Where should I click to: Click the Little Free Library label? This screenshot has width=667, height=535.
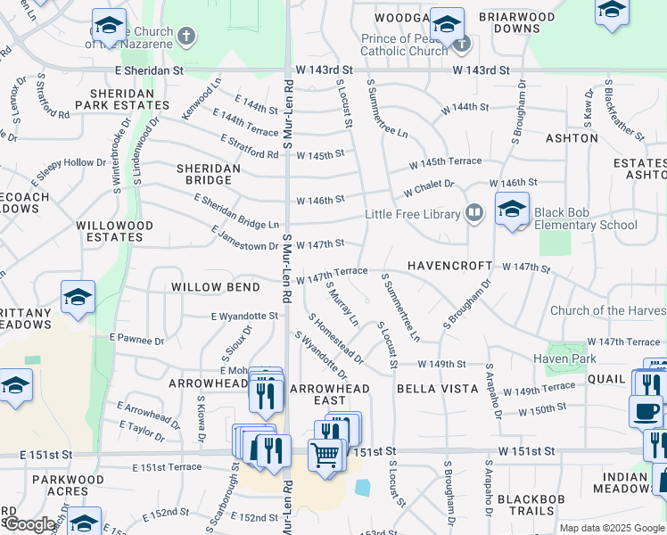click(x=412, y=214)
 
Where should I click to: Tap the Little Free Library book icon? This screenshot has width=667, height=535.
click(x=474, y=213)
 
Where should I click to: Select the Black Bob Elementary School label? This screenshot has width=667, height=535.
click(x=586, y=218)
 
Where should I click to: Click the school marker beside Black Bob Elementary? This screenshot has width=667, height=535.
click(x=513, y=210)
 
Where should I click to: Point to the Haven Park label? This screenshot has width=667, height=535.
click(x=564, y=358)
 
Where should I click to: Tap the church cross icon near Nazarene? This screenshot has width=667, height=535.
click(x=185, y=37)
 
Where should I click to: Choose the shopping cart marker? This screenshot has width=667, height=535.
click(x=327, y=456)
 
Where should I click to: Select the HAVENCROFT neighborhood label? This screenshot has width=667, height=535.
click(x=450, y=266)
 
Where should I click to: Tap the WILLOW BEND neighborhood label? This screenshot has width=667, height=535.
click(x=216, y=287)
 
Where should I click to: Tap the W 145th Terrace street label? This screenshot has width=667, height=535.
click(x=446, y=162)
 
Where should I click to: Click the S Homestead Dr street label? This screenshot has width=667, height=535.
click(x=335, y=339)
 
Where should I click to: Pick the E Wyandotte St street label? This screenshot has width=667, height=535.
click(x=244, y=316)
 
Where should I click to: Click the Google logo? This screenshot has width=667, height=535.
click(x=29, y=524)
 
